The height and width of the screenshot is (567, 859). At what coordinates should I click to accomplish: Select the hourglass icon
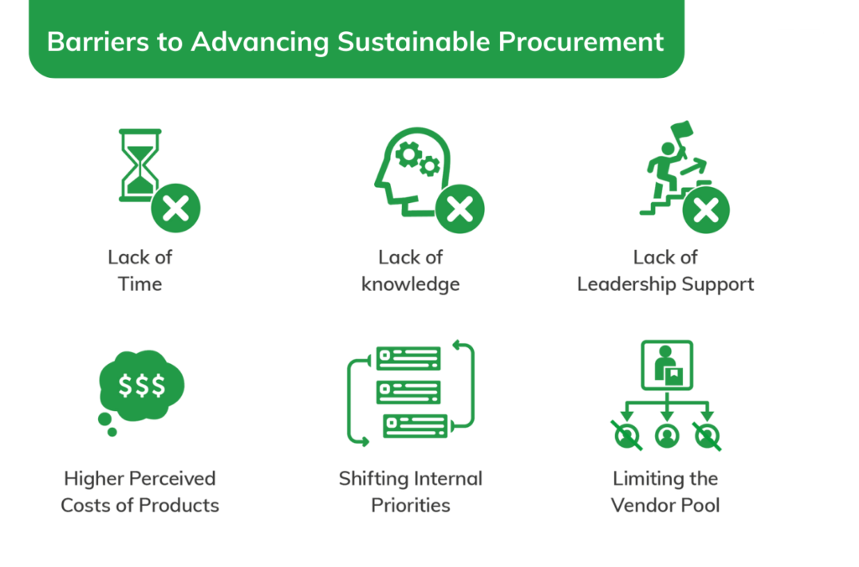[x=139, y=166]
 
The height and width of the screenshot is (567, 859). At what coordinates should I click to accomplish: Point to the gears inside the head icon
[x=417, y=159]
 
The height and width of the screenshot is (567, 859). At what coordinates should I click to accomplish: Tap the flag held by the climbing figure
[x=681, y=132]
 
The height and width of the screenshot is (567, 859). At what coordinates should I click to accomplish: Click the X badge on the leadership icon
[x=705, y=208]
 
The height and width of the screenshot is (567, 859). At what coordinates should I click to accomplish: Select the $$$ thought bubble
[x=141, y=385]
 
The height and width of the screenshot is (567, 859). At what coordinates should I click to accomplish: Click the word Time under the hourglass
[x=140, y=284]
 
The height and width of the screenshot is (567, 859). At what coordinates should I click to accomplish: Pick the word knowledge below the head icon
[x=410, y=284]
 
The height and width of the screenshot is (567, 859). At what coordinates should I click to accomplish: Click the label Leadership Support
[x=665, y=284]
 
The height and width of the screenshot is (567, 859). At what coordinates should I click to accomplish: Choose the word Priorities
[x=410, y=506]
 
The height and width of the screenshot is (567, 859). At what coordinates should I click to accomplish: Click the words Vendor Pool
[x=665, y=506]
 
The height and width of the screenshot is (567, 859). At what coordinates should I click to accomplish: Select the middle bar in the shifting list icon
[x=409, y=392]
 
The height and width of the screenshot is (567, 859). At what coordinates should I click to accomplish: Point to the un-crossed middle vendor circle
[x=666, y=435]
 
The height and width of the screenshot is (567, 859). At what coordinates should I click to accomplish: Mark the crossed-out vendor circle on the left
[x=626, y=435]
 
